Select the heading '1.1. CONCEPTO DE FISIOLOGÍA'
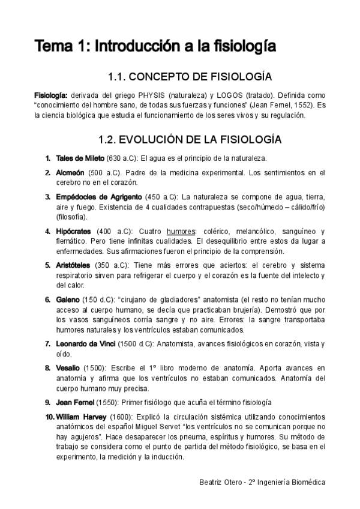pos(190,77)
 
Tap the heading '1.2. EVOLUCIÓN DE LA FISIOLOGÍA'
pos(190,139)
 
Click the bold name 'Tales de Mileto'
pos(80,158)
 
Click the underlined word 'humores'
pos(181,231)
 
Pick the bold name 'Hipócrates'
pos(73,231)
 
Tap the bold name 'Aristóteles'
pos(73,265)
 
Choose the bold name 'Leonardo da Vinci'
pos(86,343)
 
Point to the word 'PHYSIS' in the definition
pos(139,95)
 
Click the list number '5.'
pos(47,265)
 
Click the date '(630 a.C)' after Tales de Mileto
pos(122,158)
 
